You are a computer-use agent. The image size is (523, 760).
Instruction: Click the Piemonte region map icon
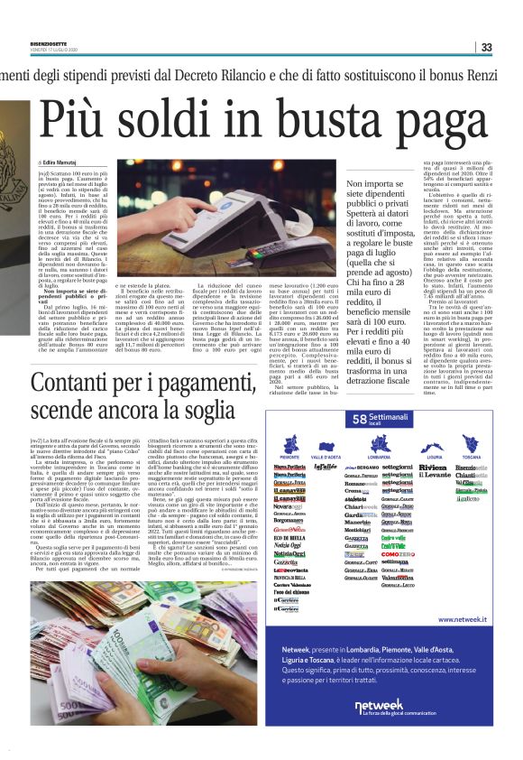[x=289, y=444]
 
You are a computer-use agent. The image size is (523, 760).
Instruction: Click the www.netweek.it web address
[x=462, y=645]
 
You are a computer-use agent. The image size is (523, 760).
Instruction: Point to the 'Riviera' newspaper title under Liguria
[x=432, y=468]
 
